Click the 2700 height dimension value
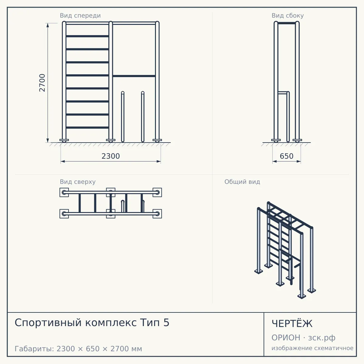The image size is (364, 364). coord(42,83)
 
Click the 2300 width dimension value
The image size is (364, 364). coord(111,156)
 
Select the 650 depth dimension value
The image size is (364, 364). coord(287,156)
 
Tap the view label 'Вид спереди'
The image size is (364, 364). coord(80,15)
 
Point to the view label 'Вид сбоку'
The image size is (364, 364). coord(288,15)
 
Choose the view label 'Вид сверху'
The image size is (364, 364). coord(78,182)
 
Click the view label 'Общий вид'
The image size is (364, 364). coord(242,182)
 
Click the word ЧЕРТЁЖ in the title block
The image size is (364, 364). coord(292,323)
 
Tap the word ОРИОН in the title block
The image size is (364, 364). coord(286,338)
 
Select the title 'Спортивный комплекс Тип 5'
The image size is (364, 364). coord(92,323)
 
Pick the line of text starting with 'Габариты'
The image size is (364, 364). coord(78,349)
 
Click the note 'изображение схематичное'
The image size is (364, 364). coord(312,348)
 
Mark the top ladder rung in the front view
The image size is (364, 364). coord(87,36)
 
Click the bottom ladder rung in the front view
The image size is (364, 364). coord(87,127)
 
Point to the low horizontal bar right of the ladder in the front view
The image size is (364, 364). coord(134,76)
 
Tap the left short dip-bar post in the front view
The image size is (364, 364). coord(123,117)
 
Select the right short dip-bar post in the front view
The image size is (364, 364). coord(143,117)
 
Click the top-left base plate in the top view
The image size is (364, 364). coord(64,193)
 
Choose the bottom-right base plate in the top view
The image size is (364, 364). coord(157,214)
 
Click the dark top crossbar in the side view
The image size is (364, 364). coord(287,23)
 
